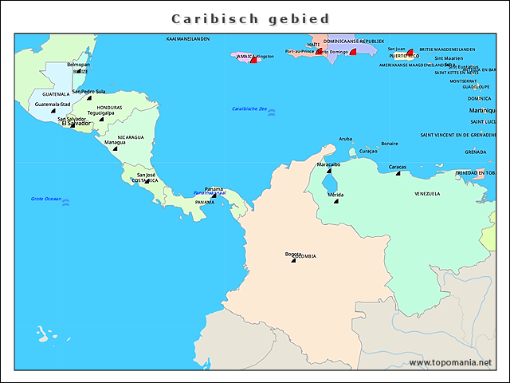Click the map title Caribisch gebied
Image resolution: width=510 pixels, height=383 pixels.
(x=250, y=18)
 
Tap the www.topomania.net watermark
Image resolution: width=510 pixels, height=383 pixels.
(x=450, y=363)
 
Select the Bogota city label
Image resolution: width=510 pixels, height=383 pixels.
(x=293, y=254)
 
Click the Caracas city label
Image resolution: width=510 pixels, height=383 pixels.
(x=398, y=167)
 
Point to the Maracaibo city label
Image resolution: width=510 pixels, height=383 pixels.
(x=328, y=164)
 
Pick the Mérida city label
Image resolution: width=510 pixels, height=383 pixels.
(x=335, y=195)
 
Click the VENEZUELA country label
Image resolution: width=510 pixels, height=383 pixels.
(x=427, y=194)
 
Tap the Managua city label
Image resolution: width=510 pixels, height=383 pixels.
(x=115, y=142)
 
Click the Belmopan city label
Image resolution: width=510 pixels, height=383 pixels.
(x=78, y=65)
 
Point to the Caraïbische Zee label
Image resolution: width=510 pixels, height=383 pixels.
(x=249, y=109)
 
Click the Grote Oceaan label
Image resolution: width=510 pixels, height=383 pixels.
(x=45, y=199)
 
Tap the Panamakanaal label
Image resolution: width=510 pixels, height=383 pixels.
(x=210, y=193)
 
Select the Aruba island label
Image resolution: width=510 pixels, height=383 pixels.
(x=345, y=139)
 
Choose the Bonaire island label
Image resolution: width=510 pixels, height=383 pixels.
(x=390, y=144)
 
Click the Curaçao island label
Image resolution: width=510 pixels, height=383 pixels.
(x=368, y=151)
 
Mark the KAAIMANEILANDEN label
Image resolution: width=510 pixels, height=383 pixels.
(x=188, y=38)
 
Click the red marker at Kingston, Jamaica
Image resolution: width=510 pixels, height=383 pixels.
(x=253, y=60)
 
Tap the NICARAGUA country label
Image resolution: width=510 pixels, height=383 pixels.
(x=131, y=137)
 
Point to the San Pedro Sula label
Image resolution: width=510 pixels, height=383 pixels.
(x=88, y=91)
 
